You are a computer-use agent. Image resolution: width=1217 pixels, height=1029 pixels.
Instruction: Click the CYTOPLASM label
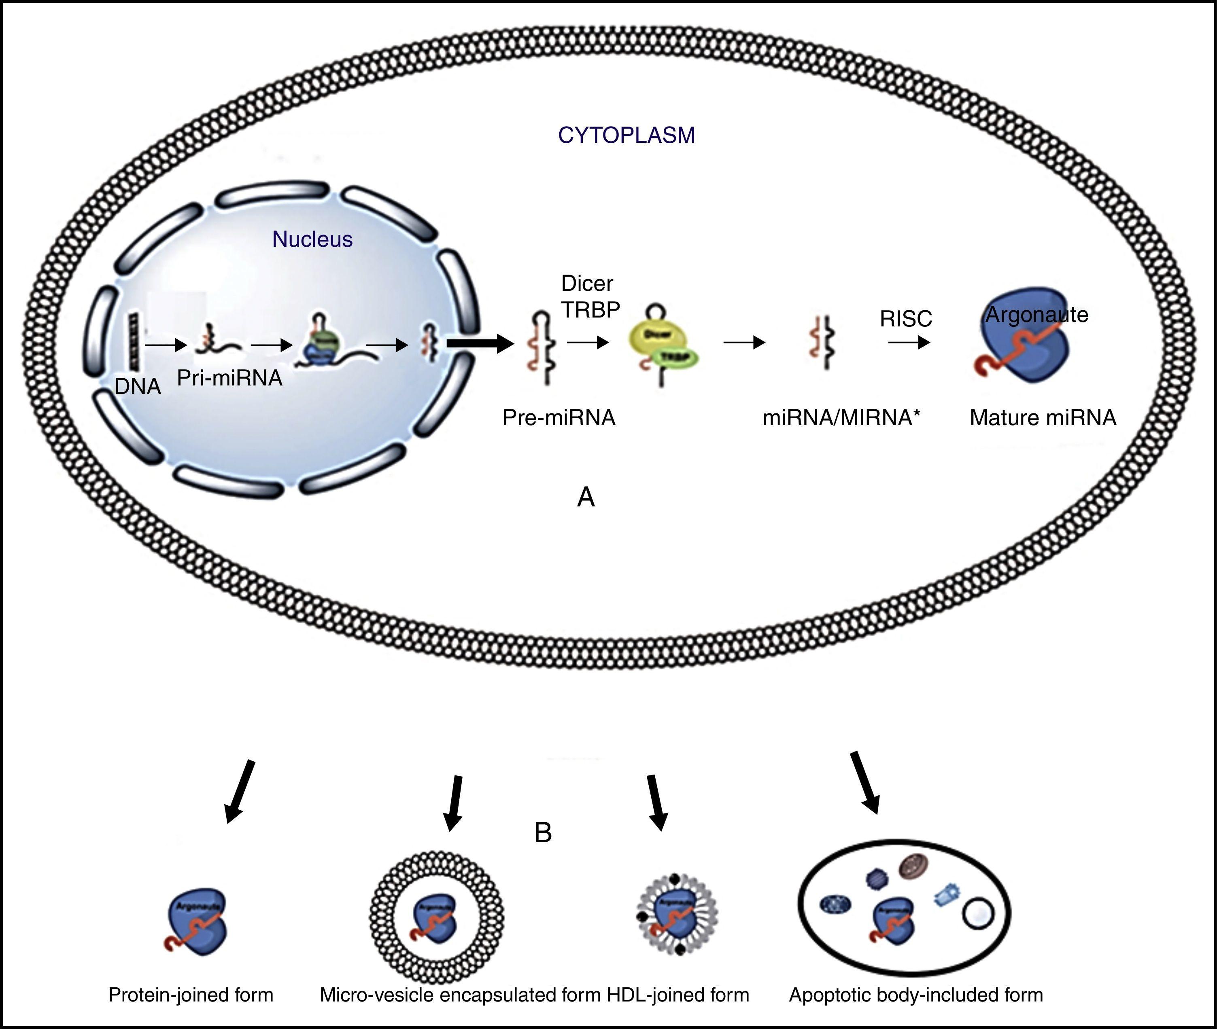[x=626, y=136]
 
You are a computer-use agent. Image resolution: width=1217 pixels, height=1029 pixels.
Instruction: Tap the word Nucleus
[x=312, y=239]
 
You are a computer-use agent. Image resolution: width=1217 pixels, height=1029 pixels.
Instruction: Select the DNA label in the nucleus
[x=138, y=386]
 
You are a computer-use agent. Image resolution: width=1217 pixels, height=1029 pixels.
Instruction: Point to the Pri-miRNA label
[x=229, y=378]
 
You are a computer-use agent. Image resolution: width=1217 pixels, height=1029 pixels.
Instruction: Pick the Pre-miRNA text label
[x=559, y=418]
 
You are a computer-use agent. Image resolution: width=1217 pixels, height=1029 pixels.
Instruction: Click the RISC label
[x=906, y=318]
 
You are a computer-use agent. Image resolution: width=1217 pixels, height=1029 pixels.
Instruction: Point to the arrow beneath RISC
[x=909, y=343]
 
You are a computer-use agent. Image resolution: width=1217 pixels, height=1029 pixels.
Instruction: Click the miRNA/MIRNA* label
[x=841, y=418]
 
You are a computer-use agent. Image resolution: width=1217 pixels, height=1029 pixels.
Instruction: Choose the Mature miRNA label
[x=1043, y=418]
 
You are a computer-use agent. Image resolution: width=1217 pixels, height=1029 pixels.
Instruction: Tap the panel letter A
[x=586, y=498]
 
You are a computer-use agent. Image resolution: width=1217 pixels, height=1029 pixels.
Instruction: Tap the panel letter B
[x=543, y=833]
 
